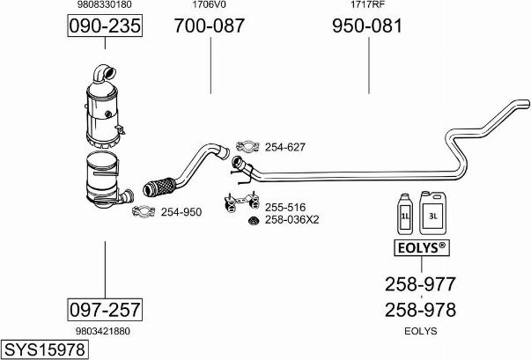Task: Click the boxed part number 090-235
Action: pyautogui.click(x=105, y=27)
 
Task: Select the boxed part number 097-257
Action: pyautogui.click(x=105, y=309)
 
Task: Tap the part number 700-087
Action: pyautogui.click(x=210, y=27)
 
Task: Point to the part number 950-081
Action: pyautogui.click(x=366, y=27)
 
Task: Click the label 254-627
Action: pyautogui.click(x=284, y=147)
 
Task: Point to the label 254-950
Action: pyautogui.click(x=181, y=211)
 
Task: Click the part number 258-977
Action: pyautogui.click(x=420, y=284)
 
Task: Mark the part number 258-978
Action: pyautogui.click(x=420, y=310)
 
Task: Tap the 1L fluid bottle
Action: pyautogui.click(x=406, y=213)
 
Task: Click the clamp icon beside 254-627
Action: pyautogui.click(x=247, y=146)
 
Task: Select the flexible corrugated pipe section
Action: pyautogui.click(x=158, y=186)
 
